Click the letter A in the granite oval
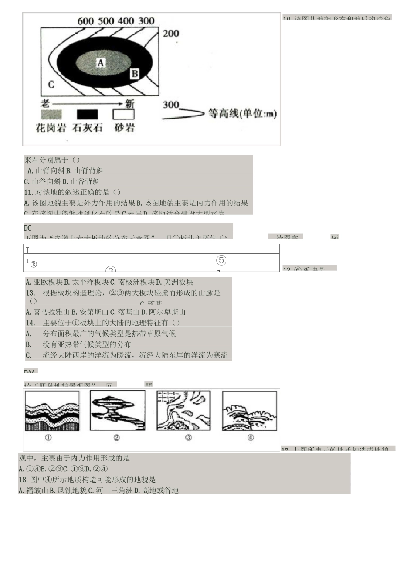(101, 63)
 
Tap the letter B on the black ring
(135, 74)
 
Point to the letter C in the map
(51, 84)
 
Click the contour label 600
(85, 21)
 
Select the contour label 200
(171, 34)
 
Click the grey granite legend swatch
(51, 114)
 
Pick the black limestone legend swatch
(87, 114)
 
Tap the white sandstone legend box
(124, 114)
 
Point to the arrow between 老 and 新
(87, 104)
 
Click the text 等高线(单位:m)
(242, 113)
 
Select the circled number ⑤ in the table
(221, 260)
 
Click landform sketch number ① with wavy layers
(52, 411)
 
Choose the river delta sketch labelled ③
(183, 411)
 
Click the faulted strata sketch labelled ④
(249, 411)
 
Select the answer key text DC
(28, 228)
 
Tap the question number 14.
(30, 323)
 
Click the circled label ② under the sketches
(116, 437)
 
